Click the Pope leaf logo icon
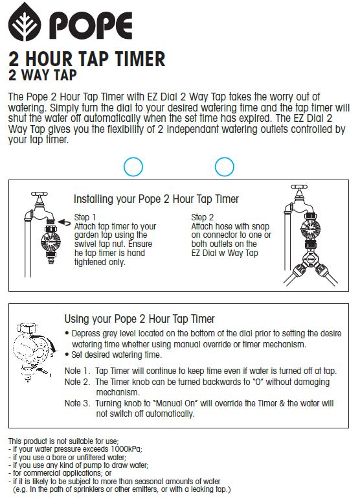[25, 22]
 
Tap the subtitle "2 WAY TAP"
[43, 75]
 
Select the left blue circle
[133, 167]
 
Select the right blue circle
[225, 167]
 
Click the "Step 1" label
[85, 217]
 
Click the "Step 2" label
[203, 217]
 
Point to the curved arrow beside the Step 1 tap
[64, 222]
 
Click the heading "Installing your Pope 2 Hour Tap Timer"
[156, 199]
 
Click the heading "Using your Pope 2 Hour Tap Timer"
[139, 319]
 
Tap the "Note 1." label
[77, 371]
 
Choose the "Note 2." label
[78, 382]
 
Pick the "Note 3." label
[78, 403]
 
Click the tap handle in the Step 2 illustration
[299, 187]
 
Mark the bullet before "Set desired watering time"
[67, 355]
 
